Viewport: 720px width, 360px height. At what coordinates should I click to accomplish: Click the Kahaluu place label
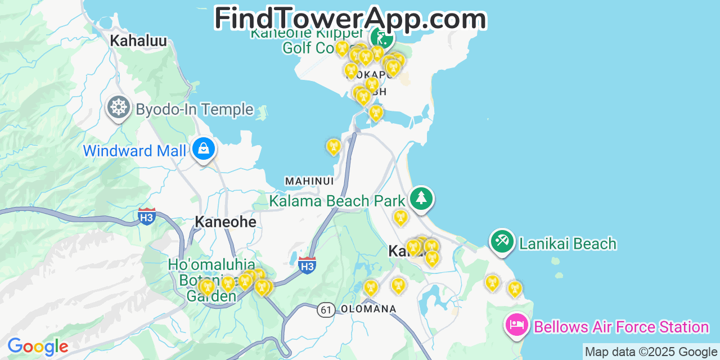pyautogui.click(x=138, y=40)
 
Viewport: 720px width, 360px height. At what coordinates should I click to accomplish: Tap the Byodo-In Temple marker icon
pyautogui.click(x=118, y=107)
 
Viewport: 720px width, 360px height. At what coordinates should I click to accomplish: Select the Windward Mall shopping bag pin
pyautogui.click(x=203, y=149)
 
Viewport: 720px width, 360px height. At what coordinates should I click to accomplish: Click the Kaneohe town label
pyautogui.click(x=225, y=222)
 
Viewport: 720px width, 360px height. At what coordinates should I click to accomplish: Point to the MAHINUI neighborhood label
pyautogui.click(x=309, y=181)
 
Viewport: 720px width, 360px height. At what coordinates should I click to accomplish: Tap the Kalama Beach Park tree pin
pyautogui.click(x=421, y=199)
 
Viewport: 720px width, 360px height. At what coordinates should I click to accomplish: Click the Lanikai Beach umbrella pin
pyautogui.click(x=502, y=241)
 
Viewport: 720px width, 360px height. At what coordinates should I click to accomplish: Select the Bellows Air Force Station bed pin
pyautogui.click(x=516, y=325)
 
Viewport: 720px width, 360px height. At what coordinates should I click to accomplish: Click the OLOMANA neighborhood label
pyautogui.click(x=368, y=309)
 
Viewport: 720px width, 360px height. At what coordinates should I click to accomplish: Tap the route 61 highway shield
pyautogui.click(x=326, y=309)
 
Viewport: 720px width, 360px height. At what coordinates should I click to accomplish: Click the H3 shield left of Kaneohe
pyautogui.click(x=147, y=216)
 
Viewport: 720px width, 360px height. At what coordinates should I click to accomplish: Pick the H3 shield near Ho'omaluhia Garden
pyautogui.click(x=307, y=265)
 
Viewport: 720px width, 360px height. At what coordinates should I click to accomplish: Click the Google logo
pyautogui.click(x=38, y=347)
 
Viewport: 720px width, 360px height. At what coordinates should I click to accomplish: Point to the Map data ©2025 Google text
pyautogui.click(x=651, y=352)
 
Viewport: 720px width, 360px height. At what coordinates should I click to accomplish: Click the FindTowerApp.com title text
pyautogui.click(x=350, y=19)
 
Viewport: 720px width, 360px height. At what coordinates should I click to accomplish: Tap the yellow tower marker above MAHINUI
pyautogui.click(x=334, y=147)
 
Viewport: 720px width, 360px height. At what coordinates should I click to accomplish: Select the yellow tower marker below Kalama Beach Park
pyautogui.click(x=400, y=217)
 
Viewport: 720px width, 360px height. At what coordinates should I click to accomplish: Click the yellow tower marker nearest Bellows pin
pyautogui.click(x=514, y=289)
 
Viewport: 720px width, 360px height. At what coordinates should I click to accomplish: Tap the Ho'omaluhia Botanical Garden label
pyautogui.click(x=211, y=280)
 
